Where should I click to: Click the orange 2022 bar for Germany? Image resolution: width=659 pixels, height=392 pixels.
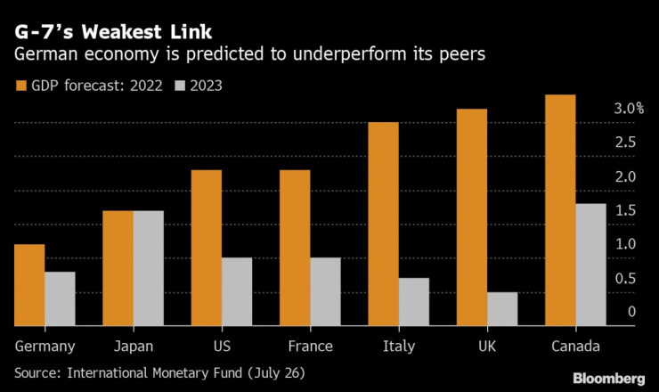(x=30, y=285)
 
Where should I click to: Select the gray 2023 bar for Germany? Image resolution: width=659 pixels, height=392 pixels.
(x=60, y=298)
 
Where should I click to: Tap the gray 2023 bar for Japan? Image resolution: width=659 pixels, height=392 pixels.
(x=148, y=268)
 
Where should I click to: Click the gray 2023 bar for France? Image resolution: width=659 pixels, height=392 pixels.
(x=325, y=291)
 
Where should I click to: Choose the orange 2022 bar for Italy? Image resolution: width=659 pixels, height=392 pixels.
(x=384, y=224)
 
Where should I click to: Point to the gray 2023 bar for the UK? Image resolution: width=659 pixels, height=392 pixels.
(x=502, y=308)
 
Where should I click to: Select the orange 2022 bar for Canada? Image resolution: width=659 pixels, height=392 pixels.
(x=560, y=210)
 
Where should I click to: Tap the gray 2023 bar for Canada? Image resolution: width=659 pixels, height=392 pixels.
(x=590, y=265)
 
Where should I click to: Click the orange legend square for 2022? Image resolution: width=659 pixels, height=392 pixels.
(x=21, y=86)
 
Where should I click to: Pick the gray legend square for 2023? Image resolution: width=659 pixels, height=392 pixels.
(x=177, y=86)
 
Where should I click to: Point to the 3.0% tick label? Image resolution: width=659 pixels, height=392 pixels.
(x=628, y=109)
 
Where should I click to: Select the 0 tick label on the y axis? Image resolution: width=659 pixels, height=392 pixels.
(x=631, y=312)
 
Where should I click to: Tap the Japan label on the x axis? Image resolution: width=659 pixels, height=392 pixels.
(x=134, y=347)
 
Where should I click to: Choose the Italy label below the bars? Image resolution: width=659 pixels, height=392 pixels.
(x=397, y=347)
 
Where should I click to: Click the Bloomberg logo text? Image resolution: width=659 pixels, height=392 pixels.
(x=607, y=377)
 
